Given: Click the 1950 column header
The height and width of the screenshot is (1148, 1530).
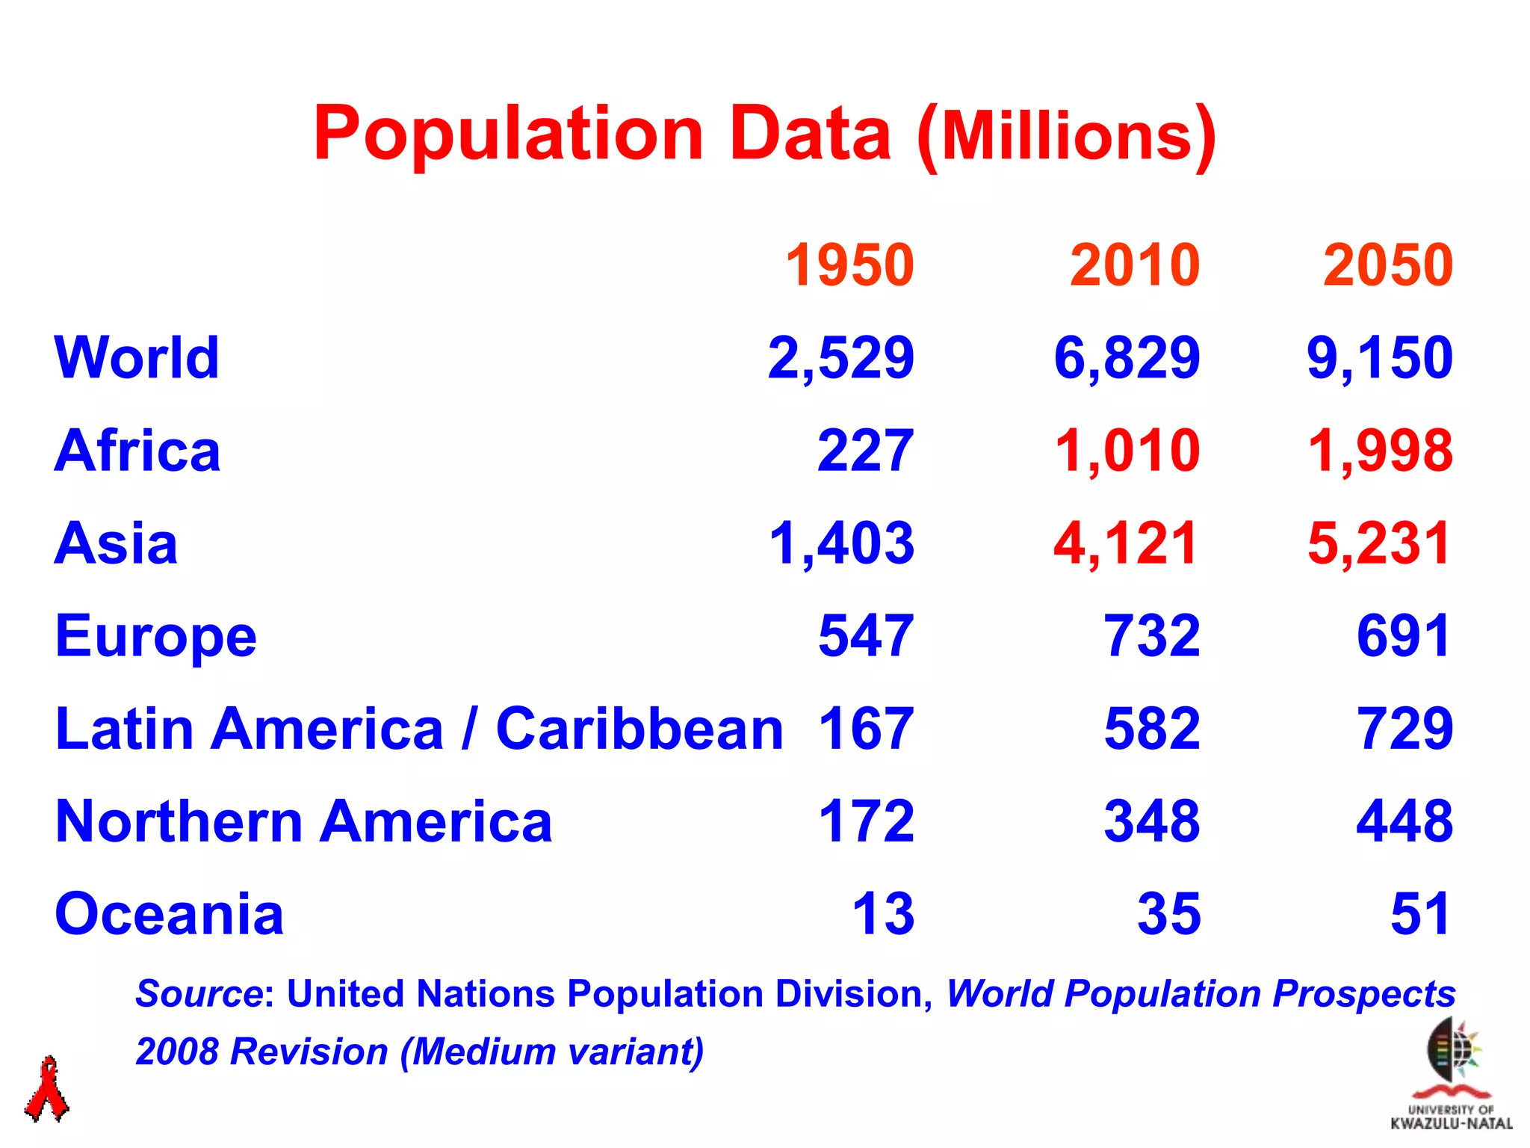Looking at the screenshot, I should point(849,265).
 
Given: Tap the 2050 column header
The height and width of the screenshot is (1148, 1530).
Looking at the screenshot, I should point(1387,265).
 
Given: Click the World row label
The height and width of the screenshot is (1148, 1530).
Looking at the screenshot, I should point(137,358).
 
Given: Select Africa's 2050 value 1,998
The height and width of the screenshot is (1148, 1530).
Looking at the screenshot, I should point(1380,451).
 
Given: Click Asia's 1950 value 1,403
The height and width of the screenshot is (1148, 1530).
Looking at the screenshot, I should point(841,543).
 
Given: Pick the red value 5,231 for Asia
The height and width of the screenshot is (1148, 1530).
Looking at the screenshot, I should point(1378,543).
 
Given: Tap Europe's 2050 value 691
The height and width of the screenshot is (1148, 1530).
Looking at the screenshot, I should point(1404,636).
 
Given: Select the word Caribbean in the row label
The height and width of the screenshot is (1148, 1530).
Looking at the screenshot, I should point(639,729).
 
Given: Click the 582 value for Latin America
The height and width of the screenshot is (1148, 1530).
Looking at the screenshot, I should point(1152,729).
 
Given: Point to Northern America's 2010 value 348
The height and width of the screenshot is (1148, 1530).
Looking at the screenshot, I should point(1152,821).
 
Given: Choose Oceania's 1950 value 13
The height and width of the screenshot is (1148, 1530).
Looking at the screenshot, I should point(883,914).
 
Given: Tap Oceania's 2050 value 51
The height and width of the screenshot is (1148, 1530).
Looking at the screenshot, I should point(1420,914).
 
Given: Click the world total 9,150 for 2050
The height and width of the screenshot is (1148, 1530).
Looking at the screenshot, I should point(1380,358).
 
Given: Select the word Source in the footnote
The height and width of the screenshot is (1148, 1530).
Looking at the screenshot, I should point(199,994).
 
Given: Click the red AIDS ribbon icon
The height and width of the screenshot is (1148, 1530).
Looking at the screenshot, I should point(47,1089).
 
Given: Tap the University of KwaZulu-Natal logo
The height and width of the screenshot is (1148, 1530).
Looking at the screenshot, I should point(1451,1076).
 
